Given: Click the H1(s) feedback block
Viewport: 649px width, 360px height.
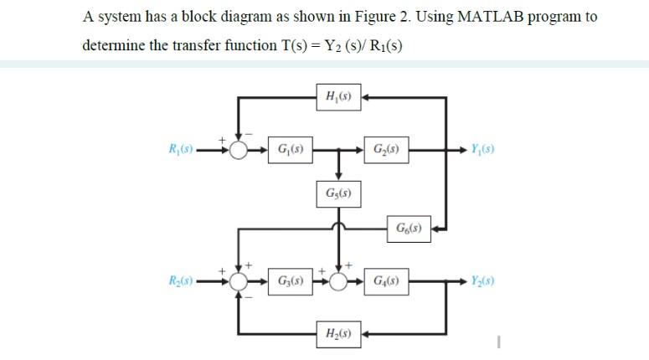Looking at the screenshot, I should point(338,97).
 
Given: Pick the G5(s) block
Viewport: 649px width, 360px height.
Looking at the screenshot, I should point(338,194).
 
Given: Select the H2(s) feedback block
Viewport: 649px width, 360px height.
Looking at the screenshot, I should point(338,334).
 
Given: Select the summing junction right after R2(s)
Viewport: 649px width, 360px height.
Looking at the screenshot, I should point(240,280).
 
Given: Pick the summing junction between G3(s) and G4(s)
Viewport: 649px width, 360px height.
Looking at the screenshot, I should point(338,280).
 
